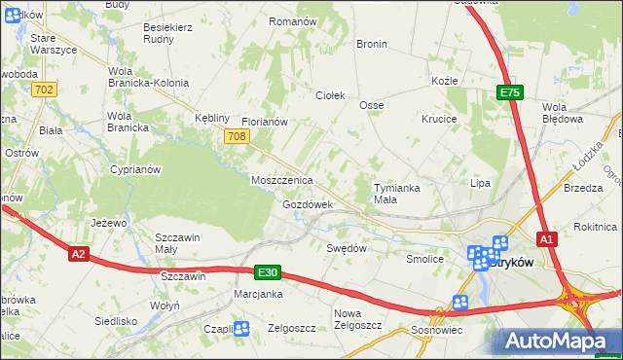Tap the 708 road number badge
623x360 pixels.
tap(235, 137)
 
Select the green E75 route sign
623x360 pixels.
tap(511, 92)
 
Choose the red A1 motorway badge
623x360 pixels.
tap(546, 239)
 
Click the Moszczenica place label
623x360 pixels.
tap(281, 181)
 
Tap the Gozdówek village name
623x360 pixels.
tap(308, 205)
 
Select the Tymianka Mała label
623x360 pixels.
tap(399, 193)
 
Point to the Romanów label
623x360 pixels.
tap(293, 21)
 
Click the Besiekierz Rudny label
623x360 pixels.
tap(167, 34)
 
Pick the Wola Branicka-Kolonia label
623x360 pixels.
tap(147, 77)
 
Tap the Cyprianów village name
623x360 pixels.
tap(134, 169)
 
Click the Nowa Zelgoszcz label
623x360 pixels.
tap(360, 320)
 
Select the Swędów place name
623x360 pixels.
tap(346, 248)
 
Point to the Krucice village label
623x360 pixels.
tap(439, 118)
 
